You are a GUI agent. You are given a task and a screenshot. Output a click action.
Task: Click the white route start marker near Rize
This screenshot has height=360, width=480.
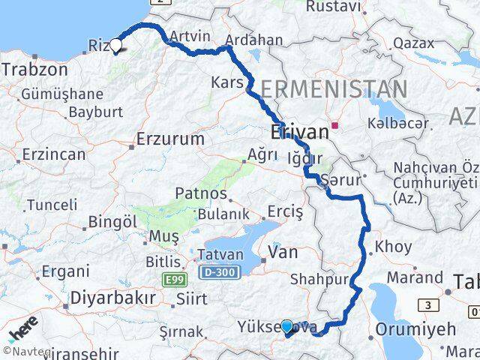[x=115, y=45]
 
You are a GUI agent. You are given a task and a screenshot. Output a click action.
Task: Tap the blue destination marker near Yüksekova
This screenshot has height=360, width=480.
[x=286, y=326]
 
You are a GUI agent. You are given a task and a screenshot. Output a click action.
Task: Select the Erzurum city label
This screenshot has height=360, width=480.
[x=170, y=139]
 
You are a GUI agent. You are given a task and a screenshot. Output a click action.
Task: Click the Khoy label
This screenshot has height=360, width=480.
[x=393, y=246]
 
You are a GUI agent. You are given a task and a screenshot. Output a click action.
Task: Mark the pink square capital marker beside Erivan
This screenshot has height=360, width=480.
[x=335, y=126]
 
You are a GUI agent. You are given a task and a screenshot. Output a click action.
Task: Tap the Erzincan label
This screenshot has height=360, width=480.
[x=54, y=154]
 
